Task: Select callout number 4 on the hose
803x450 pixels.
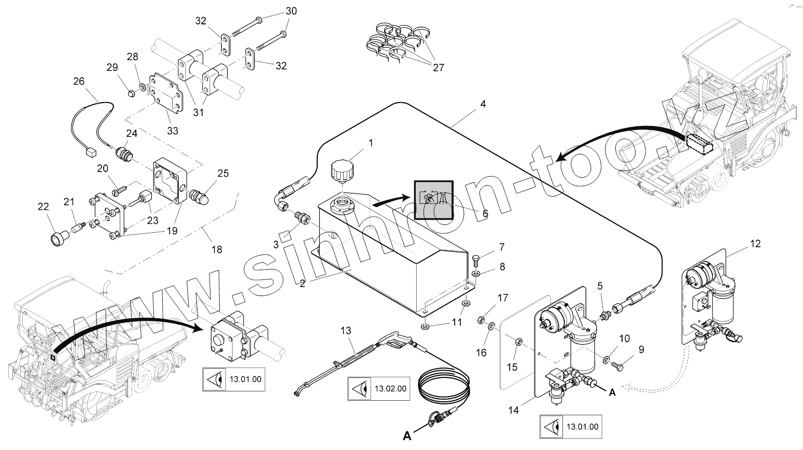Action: pos(483,104)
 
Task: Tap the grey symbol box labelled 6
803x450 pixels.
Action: pos(433,200)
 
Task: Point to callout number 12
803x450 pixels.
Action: pos(755,243)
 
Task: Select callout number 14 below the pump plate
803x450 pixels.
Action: pos(513,411)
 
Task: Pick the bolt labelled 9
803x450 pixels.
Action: pos(618,365)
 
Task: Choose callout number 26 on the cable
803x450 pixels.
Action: pos(79,81)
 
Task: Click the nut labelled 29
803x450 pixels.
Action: pos(131,94)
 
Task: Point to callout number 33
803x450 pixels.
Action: pos(172,131)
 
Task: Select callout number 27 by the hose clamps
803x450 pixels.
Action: pos(439,68)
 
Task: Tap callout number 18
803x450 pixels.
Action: pos(217,249)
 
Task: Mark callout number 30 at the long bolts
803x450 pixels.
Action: pos(291,11)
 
